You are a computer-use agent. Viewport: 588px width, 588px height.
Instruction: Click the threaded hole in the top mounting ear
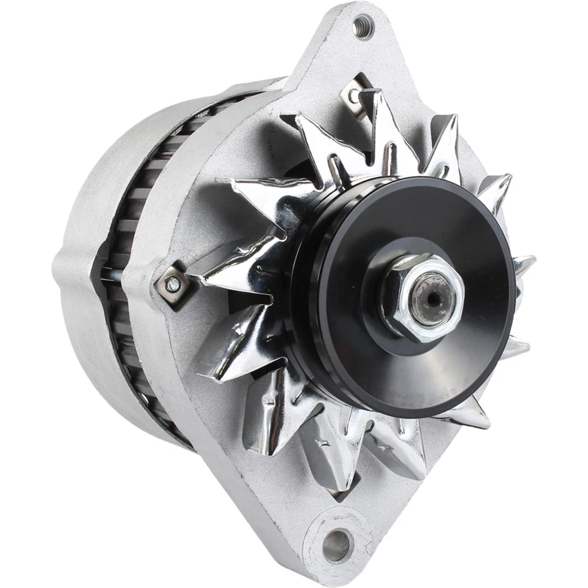[363, 27]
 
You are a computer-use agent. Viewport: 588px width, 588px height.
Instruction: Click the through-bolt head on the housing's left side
[173, 284]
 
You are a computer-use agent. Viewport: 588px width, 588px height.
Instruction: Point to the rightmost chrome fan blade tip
[524, 263]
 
